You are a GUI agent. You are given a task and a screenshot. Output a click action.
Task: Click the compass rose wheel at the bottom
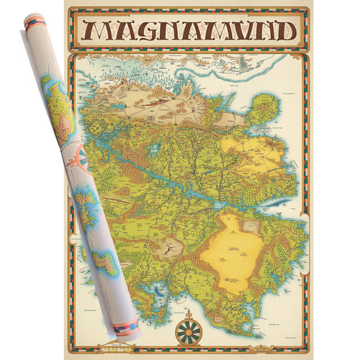coord(189,330)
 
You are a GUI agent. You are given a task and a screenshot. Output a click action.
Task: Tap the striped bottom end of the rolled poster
coord(129,330)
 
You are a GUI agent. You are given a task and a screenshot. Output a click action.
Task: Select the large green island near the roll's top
coord(59,108)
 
